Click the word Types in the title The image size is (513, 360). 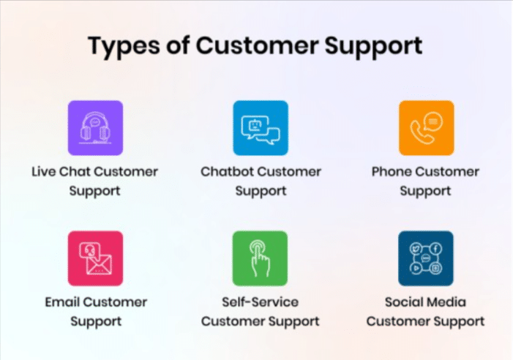[124, 46]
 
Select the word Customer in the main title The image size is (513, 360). [257, 45]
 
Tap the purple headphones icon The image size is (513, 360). [96, 128]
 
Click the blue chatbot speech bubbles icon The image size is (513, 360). [261, 128]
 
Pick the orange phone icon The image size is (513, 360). [427, 128]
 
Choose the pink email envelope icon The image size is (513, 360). [96, 258]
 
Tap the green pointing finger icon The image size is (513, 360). [260, 258]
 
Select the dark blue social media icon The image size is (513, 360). [426, 258]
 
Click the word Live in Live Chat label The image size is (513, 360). [43, 172]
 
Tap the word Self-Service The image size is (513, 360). [260, 301]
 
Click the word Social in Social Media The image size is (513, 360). [402, 301]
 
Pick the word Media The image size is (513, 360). [445, 301]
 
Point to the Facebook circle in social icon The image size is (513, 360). [435, 249]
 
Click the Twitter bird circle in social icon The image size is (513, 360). [416, 249]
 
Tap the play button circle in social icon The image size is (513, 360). [416, 269]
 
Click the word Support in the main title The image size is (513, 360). [373, 46]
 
